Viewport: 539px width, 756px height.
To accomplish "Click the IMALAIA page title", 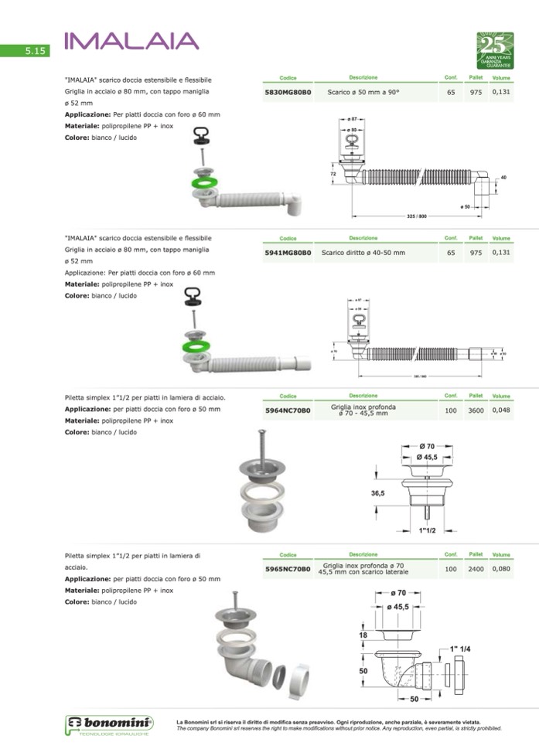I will tap(131, 40).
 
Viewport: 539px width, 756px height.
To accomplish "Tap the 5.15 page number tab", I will tap(36, 51).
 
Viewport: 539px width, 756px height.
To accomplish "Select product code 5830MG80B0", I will tap(288, 93).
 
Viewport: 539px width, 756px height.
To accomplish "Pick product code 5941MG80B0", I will tap(288, 253).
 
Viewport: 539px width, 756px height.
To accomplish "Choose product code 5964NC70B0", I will tap(288, 410).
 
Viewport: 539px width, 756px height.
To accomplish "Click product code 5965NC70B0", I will tap(288, 570).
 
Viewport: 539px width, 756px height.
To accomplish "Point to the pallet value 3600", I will tap(476, 410).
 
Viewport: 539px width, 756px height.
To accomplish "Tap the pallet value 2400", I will tap(476, 570).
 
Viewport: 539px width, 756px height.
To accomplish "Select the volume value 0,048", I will tap(501, 410).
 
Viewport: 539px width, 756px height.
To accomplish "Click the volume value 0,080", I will tap(501, 570).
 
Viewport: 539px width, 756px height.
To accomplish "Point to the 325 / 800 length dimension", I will tap(416, 216).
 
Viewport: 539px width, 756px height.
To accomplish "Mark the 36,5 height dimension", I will tap(377, 492).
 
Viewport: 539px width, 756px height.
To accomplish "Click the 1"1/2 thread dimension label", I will tap(428, 531).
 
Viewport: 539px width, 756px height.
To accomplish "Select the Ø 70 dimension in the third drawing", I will tap(428, 446).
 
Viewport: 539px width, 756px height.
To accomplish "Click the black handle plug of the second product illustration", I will tap(192, 294).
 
